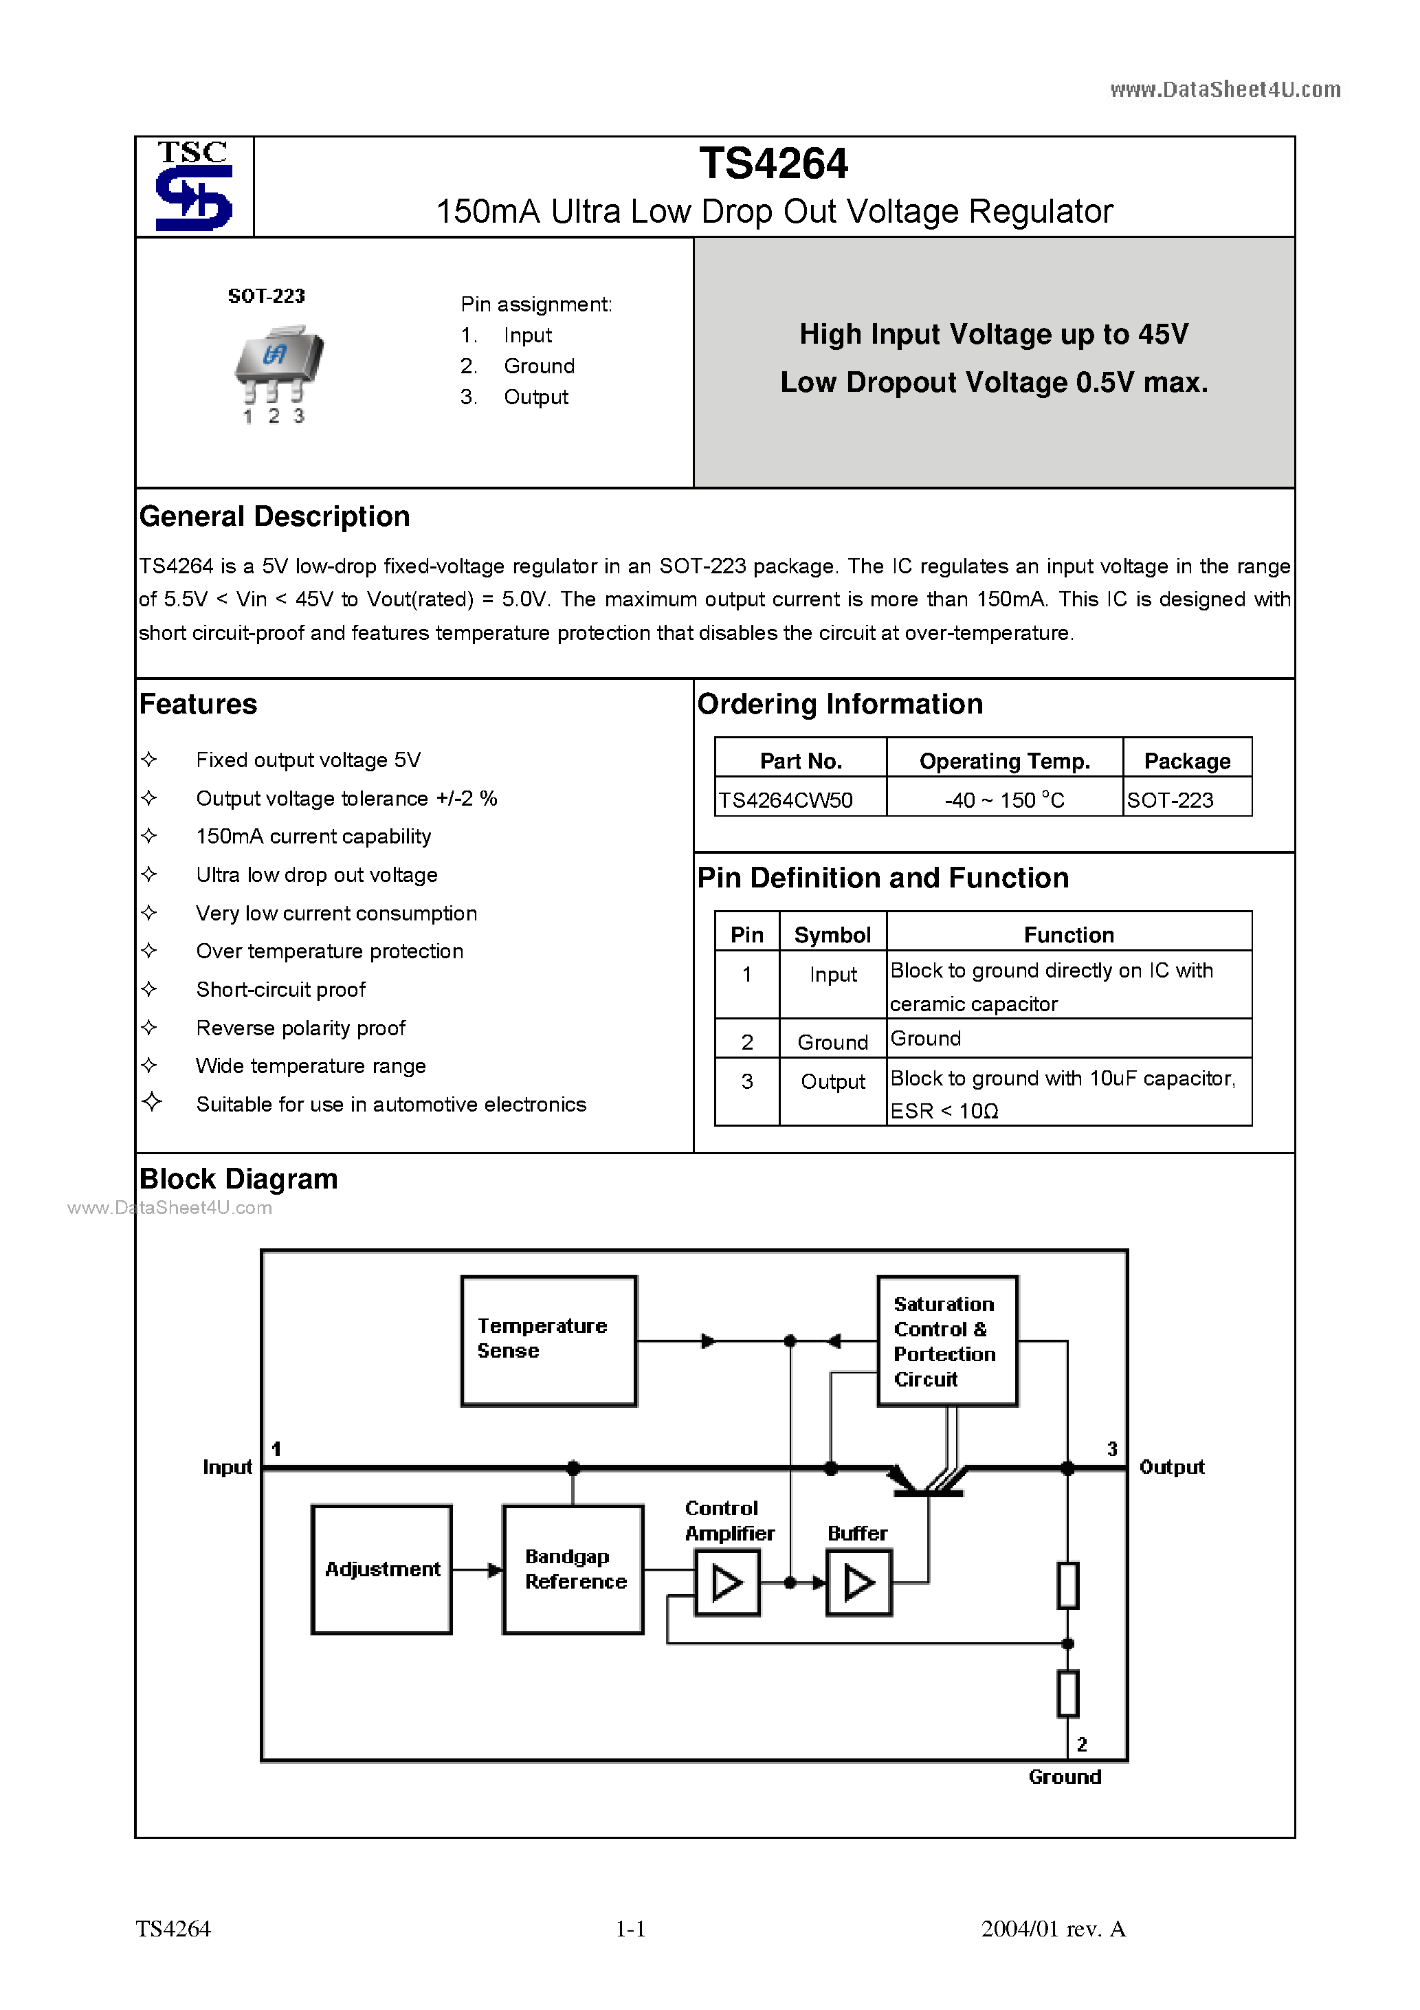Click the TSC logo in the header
(x=193, y=186)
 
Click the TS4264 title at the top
(x=773, y=164)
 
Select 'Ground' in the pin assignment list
(x=538, y=366)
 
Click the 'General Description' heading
(x=274, y=516)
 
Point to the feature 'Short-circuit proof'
(x=280, y=989)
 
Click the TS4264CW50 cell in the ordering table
(x=786, y=800)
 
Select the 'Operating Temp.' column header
(x=1004, y=761)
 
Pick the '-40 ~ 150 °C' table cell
(x=1004, y=800)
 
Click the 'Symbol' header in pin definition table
(x=832, y=935)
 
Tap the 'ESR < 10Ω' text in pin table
(x=944, y=1111)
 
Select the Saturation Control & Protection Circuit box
(x=946, y=1340)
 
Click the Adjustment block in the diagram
(x=381, y=1569)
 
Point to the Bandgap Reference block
(x=573, y=1569)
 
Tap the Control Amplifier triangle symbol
(x=726, y=1582)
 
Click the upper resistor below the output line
(x=1067, y=1584)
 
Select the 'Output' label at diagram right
(x=1171, y=1467)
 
